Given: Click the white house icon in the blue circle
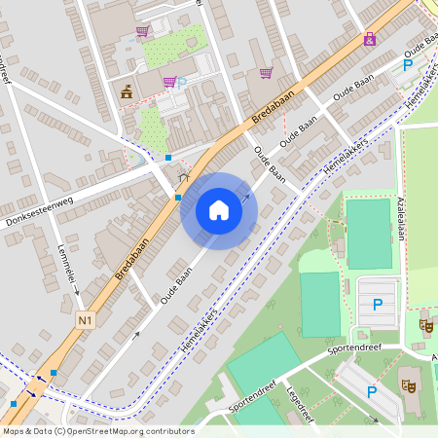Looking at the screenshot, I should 218,210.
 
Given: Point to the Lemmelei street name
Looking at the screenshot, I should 67,263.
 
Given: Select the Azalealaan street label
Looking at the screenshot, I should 399,221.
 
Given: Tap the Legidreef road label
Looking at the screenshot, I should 297,393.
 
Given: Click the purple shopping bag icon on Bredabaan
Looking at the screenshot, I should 369,39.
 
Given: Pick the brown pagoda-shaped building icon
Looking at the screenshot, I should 128,92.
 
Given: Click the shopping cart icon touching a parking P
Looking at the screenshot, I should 169,83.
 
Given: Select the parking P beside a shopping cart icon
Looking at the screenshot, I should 182,83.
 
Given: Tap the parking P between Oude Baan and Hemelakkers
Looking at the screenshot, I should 408,66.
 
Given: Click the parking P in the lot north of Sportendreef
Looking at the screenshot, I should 377,304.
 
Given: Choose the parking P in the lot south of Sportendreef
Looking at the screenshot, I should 371,391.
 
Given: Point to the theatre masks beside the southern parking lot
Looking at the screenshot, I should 411,386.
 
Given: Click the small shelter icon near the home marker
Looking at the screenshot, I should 184,177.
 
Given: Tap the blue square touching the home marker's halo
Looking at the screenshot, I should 178,198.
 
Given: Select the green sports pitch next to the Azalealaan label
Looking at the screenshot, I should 369,234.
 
